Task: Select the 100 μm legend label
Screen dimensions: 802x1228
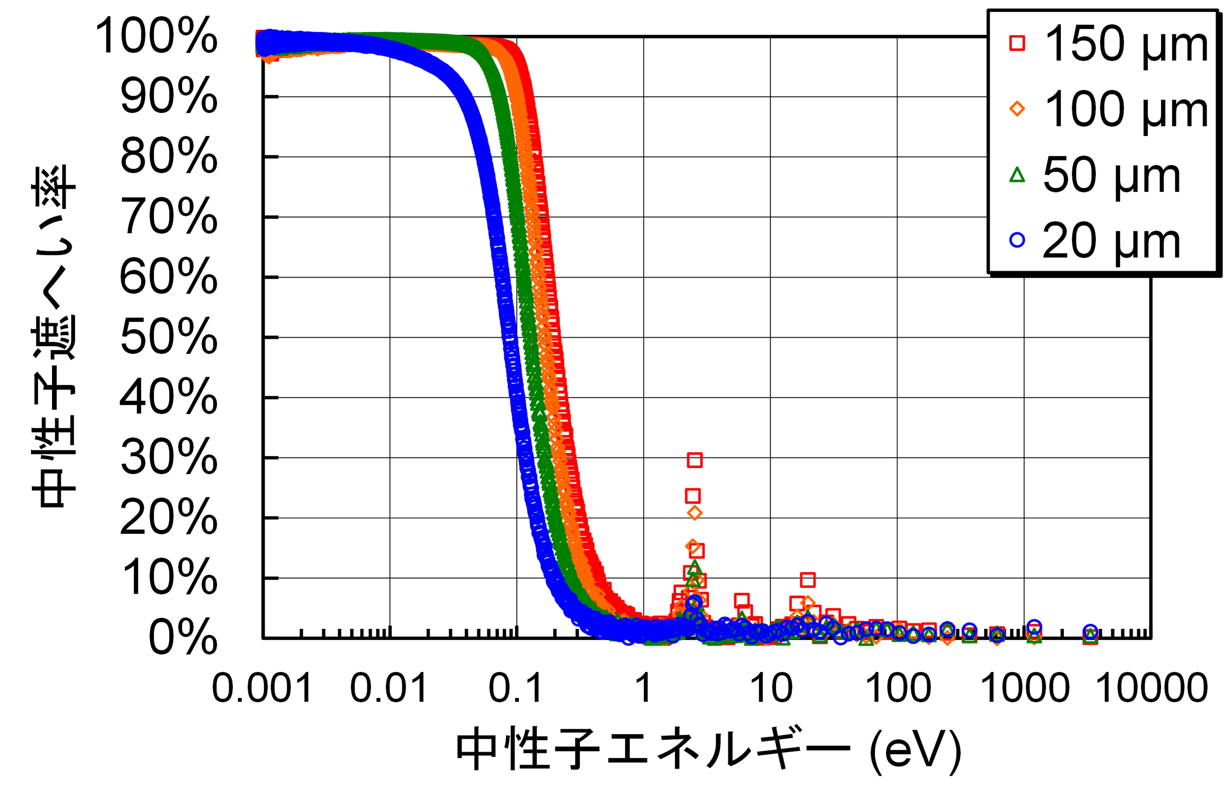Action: tap(1125, 109)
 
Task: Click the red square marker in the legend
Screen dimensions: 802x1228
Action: tap(1017, 43)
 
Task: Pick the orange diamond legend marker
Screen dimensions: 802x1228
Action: tap(1017, 109)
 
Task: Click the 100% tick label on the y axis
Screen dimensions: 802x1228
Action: tap(156, 36)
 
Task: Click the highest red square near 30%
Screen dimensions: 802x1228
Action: tap(695, 460)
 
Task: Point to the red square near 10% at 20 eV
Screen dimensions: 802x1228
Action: tap(807, 580)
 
